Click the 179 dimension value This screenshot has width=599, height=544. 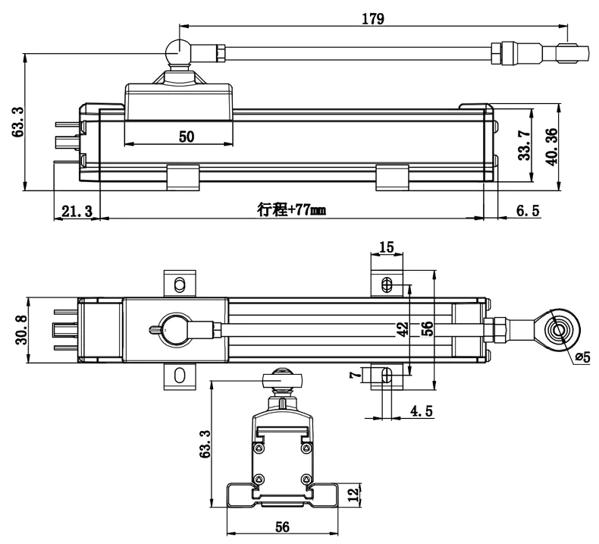click(373, 19)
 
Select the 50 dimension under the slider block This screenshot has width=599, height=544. click(187, 137)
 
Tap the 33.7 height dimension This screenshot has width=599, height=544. click(525, 146)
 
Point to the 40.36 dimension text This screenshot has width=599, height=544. click(551, 146)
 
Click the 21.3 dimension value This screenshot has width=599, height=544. click(77, 211)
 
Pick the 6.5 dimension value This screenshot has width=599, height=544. click(528, 210)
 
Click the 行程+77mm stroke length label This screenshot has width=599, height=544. click(291, 210)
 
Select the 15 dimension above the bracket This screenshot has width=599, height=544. click(387, 247)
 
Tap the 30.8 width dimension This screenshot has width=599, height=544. click(21, 330)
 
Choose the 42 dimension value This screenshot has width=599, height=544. click(403, 329)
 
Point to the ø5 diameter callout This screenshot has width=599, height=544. click(582, 357)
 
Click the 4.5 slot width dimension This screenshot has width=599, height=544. click(422, 411)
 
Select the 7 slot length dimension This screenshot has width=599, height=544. click(356, 374)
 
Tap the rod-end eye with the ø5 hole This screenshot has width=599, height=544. click(558, 330)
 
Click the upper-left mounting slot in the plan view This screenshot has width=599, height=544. click(179, 285)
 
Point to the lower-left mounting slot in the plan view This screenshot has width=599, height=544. click(179, 375)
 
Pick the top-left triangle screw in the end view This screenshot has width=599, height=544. click(259, 448)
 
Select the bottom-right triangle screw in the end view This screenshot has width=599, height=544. click(306, 480)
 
